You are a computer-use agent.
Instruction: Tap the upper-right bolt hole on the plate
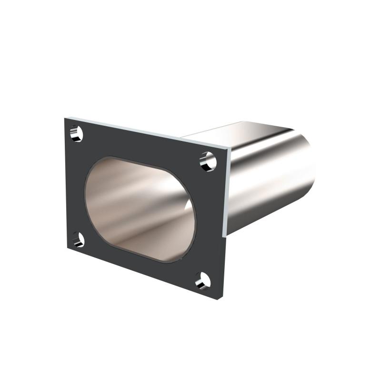pyautogui.click(x=208, y=160)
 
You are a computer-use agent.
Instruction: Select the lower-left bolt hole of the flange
pyautogui.click(x=78, y=240)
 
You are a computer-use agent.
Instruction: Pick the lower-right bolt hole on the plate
pyautogui.click(x=203, y=281)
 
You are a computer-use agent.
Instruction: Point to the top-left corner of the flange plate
pyautogui.click(x=65, y=116)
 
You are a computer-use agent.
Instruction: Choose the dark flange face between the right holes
pyautogui.click(x=210, y=219)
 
